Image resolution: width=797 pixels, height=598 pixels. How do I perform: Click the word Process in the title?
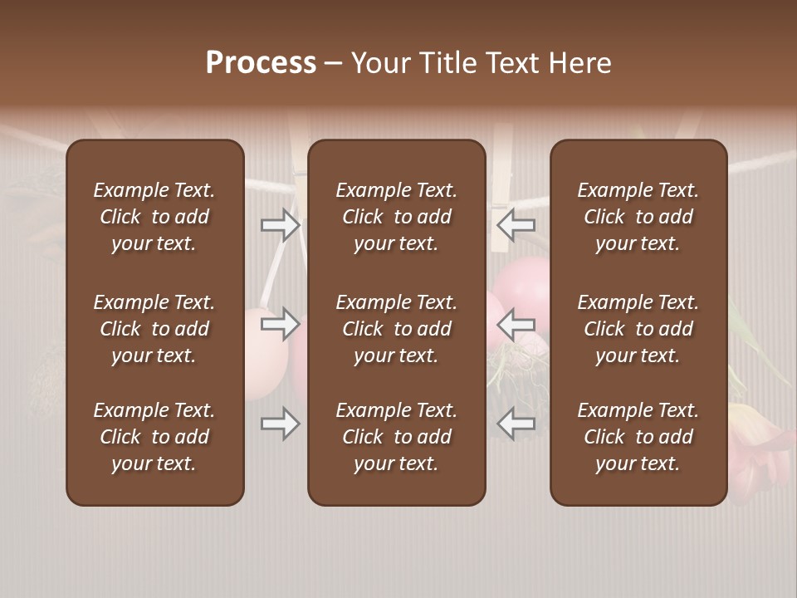[261, 63]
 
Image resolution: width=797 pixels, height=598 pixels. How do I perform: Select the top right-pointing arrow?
[280, 224]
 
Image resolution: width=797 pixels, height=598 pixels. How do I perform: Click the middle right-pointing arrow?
[280, 323]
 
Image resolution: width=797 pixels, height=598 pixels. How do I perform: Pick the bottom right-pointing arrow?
[280, 424]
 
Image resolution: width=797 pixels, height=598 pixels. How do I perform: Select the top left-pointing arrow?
[516, 224]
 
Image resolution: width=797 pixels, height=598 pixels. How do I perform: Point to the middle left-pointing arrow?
[516, 323]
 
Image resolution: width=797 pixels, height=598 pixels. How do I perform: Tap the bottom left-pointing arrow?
[516, 424]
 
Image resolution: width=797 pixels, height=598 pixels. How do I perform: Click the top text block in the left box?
[154, 217]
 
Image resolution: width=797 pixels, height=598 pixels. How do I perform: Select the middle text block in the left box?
[154, 329]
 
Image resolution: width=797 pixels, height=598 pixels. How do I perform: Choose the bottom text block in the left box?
[154, 437]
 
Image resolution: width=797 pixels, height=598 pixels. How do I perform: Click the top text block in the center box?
[396, 217]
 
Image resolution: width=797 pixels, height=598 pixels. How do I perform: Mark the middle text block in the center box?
[396, 329]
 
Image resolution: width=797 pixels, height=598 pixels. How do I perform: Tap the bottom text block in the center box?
[396, 437]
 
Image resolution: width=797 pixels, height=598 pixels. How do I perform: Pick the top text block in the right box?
[638, 217]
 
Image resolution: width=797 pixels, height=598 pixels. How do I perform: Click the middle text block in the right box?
[638, 329]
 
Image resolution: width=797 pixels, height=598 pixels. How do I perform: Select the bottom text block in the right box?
[638, 437]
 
